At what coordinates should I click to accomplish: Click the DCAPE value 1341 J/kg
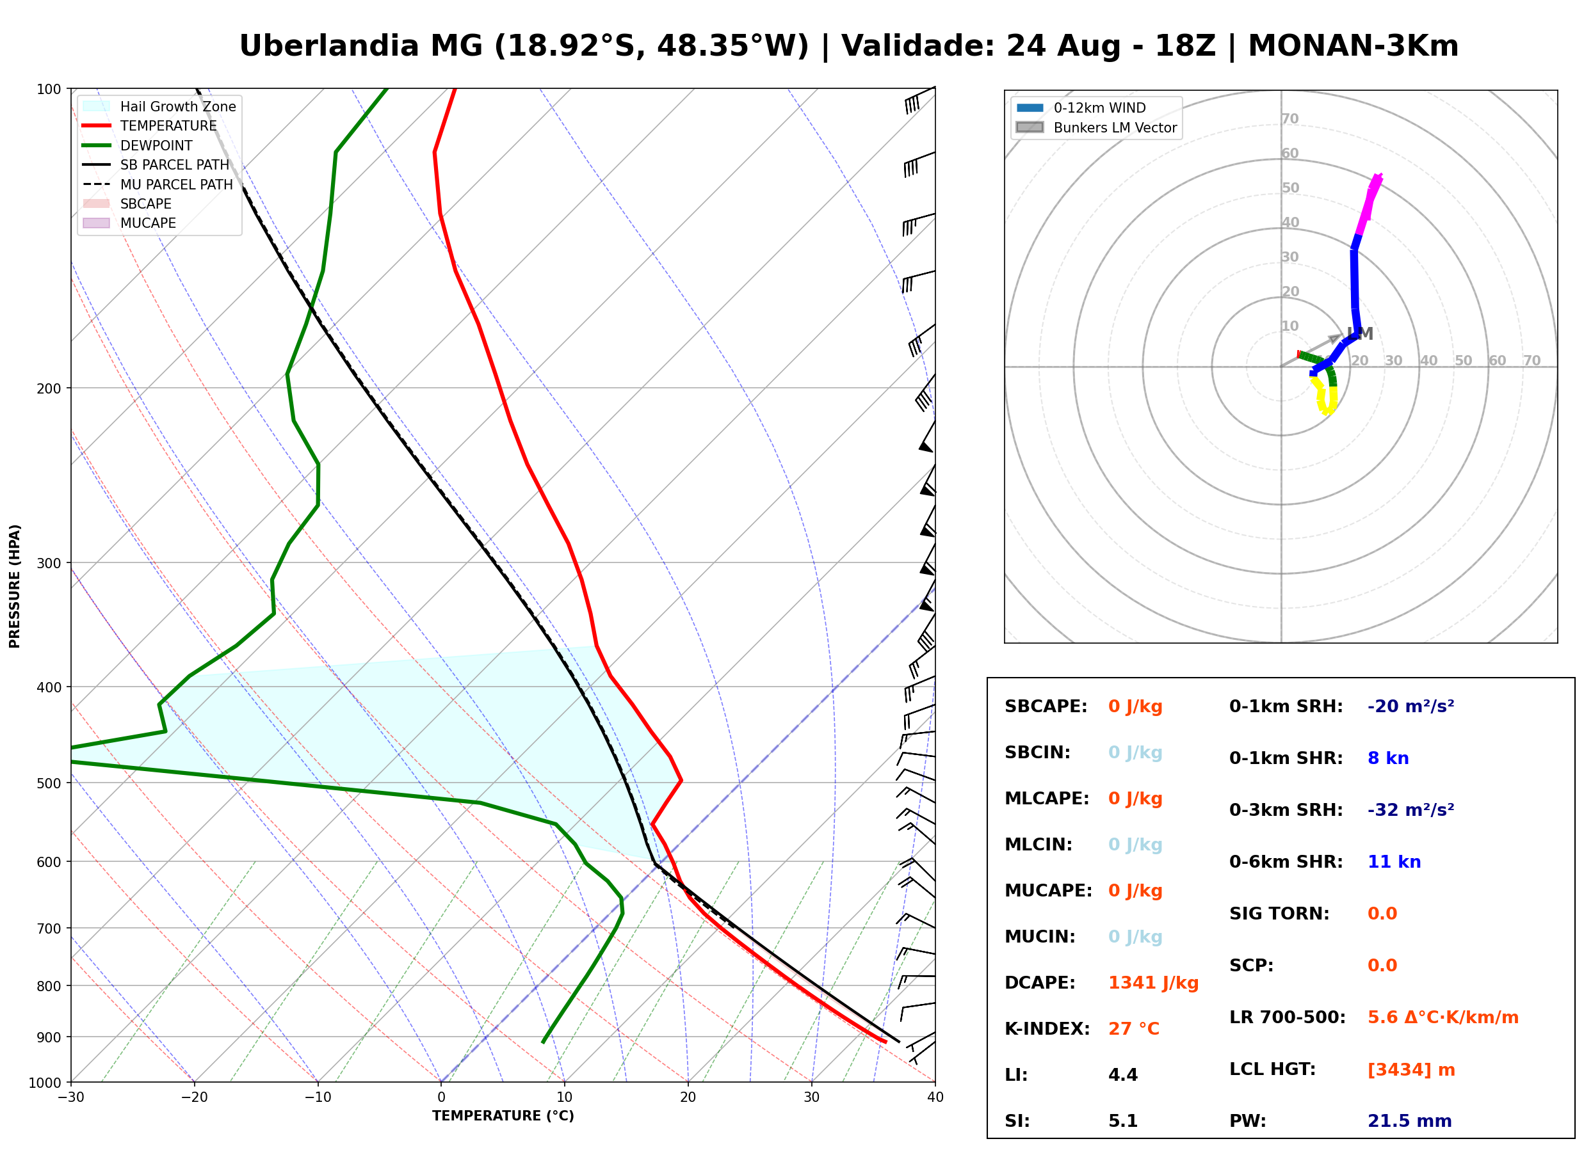point(1153,983)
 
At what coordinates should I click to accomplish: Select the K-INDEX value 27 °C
point(1134,1029)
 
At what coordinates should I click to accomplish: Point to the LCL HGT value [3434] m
point(1411,1070)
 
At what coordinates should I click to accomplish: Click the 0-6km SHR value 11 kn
point(1394,862)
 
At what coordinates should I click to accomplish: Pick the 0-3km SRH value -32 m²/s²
point(1410,809)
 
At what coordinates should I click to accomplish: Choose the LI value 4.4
point(1122,1075)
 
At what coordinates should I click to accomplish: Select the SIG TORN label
point(1279,914)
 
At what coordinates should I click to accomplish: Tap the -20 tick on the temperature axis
point(193,1097)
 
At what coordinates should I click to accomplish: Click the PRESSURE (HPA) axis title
point(15,586)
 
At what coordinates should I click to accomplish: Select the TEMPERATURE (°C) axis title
point(503,1117)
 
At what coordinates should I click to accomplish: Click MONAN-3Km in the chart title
point(1353,46)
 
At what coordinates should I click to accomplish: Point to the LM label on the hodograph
point(1360,333)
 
